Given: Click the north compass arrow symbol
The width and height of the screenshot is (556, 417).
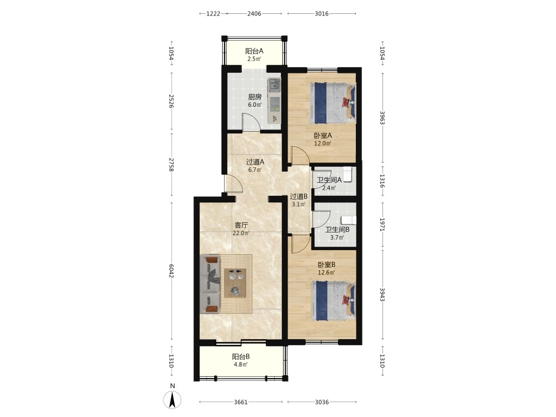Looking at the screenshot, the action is click(x=172, y=400).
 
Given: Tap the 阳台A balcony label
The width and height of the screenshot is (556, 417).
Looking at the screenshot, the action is click(x=254, y=51).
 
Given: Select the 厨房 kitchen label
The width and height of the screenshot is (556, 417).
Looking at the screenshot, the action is click(x=255, y=97).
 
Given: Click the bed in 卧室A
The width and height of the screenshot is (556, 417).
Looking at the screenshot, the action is click(x=333, y=103).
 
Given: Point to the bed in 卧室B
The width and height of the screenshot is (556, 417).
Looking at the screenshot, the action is click(x=334, y=301).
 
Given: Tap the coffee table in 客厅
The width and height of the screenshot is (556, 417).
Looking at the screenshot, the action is click(x=235, y=282).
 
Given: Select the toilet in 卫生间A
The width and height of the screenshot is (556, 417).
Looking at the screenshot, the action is click(x=348, y=174).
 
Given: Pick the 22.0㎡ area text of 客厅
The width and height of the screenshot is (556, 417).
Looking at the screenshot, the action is click(x=241, y=234).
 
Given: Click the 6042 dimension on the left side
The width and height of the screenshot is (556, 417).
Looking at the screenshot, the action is click(x=172, y=271).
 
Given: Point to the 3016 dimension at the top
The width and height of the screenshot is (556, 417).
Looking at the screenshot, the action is click(x=321, y=14).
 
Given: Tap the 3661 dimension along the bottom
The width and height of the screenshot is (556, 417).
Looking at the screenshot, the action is click(x=241, y=402).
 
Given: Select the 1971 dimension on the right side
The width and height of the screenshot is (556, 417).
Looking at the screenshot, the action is click(x=383, y=224).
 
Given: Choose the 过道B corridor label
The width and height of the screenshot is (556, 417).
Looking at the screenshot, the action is click(x=299, y=196).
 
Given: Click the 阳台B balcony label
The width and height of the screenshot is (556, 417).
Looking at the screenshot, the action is click(x=241, y=357).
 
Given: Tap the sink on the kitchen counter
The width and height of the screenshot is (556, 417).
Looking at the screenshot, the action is click(x=274, y=85).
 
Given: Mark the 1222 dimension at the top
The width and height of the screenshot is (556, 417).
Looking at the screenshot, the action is click(x=214, y=14).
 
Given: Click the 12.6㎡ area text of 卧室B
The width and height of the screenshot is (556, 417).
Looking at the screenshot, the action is click(x=326, y=272).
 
